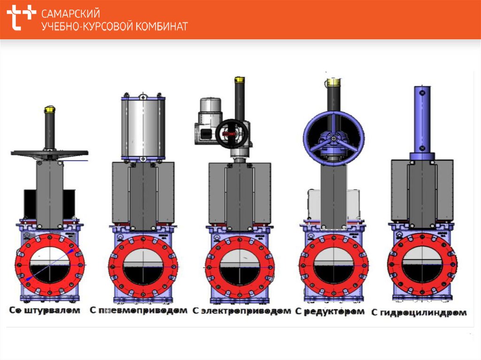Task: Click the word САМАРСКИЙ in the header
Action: tap(70, 14)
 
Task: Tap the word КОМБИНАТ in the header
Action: tap(162, 27)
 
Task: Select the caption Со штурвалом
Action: tap(45, 310)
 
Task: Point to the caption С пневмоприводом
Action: tap(139, 310)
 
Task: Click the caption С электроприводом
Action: tap(242, 311)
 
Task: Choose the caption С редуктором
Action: tap(330, 312)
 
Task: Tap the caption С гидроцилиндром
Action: tap(419, 313)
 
